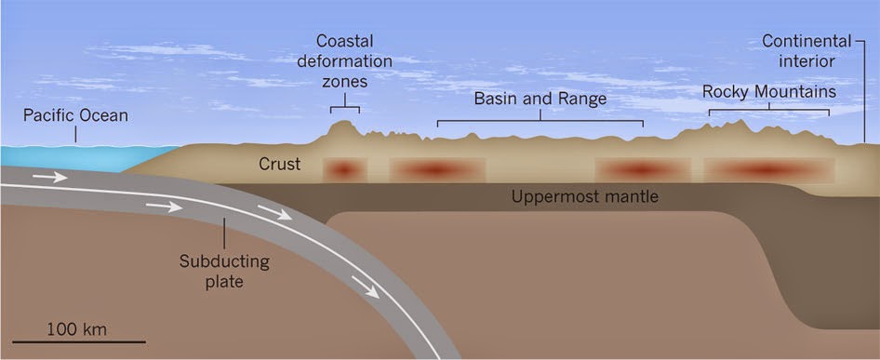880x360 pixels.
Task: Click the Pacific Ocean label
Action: pos(75,116)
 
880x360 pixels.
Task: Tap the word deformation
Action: pos(344,60)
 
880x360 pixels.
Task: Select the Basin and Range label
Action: pos(540,99)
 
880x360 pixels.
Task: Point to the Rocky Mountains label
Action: pos(769,91)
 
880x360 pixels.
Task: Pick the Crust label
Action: pos(279,164)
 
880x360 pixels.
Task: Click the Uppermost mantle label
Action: pos(585,197)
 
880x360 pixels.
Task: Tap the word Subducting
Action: pos(224,261)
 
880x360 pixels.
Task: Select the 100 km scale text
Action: pos(76,328)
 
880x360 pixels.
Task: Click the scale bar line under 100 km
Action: pos(78,340)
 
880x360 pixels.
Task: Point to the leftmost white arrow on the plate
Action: pos(49,178)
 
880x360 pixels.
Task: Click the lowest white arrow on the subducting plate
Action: pos(366,287)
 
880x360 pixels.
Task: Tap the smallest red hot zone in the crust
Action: pos(344,169)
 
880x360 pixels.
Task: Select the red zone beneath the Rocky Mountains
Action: pos(769,169)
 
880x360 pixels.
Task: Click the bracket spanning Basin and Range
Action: pos(540,120)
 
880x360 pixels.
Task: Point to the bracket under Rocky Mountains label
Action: pos(769,110)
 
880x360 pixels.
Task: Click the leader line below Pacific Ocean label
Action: pos(75,134)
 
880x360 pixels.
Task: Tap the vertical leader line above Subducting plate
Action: pos(224,233)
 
